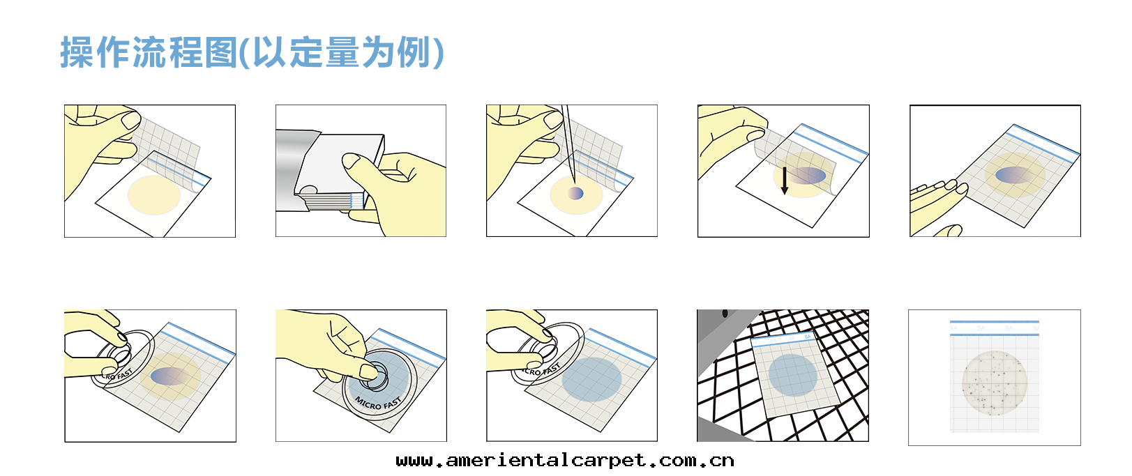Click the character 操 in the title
(x=77, y=53)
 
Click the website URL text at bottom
(x=564, y=461)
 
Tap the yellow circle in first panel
(x=154, y=195)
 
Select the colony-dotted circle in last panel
(x=994, y=383)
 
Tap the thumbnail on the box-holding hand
(x=352, y=163)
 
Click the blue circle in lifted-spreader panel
(x=591, y=380)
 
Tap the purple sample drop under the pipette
(x=576, y=193)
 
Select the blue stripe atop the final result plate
(x=994, y=323)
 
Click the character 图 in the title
(x=221, y=53)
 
